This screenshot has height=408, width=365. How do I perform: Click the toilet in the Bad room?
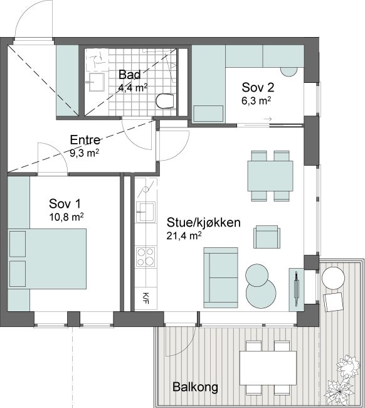(x=165, y=100)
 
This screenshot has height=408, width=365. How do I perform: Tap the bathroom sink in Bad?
(x=97, y=82)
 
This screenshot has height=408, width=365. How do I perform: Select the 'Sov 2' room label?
(x=258, y=87)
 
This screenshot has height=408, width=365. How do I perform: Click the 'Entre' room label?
(x=85, y=140)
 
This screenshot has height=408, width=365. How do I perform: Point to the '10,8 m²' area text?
(x=66, y=217)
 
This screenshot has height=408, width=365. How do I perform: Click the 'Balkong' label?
(x=195, y=387)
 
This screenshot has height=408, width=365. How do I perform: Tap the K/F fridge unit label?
(x=146, y=298)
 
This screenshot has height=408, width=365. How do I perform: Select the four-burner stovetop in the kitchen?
(x=146, y=257)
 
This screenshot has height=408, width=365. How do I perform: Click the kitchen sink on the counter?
(x=145, y=212)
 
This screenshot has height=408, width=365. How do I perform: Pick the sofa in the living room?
(x=221, y=277)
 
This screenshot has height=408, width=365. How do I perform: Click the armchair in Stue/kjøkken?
(x=267, y=237)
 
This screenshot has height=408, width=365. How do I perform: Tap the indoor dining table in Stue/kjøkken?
(x=270, y=176)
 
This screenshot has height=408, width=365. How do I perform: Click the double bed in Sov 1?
(x=47, y=259)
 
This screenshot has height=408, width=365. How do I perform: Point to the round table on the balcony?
(x=333, y=277)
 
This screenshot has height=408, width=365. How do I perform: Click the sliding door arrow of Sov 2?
(x=268, y=119)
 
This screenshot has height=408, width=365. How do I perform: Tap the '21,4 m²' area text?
(x=184, y=236)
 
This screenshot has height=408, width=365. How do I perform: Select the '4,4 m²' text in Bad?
(x=133, y=87)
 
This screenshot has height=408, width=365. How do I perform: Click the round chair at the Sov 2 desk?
(x=289, y=72)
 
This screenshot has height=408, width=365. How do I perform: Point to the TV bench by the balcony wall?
(x=297, y=289)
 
